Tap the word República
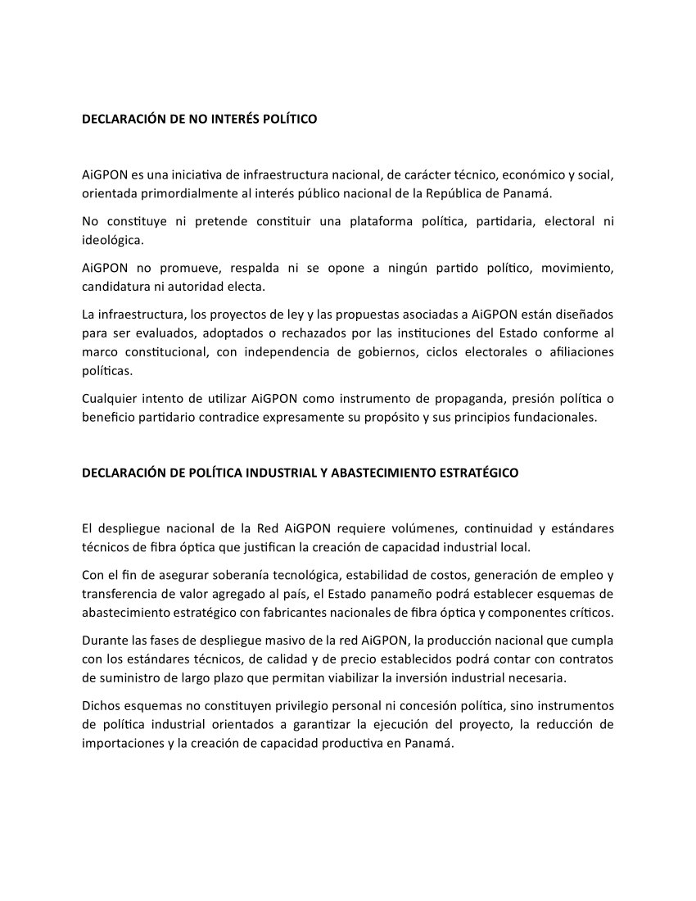(450, 194)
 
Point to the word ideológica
(112, 241)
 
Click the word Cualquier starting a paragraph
(110, 399)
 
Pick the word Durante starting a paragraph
(106, 640)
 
